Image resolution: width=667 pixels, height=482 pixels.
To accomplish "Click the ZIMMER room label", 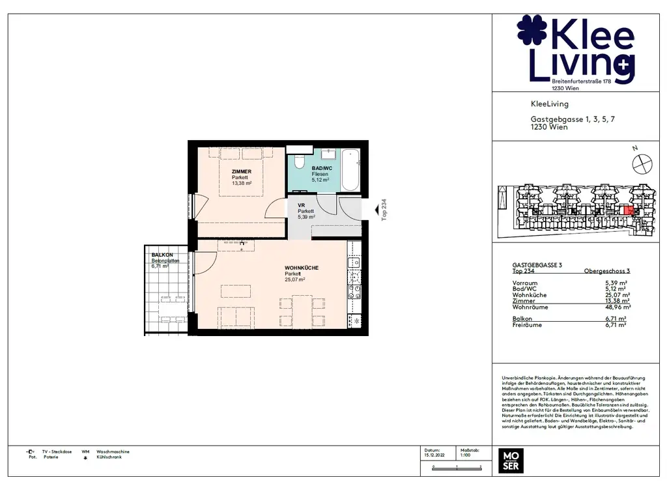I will [x=241, y=172].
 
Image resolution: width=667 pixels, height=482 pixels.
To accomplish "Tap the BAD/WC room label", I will [x=321, y=168].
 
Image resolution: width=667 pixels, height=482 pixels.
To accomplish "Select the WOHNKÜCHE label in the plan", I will [x=302, y=268].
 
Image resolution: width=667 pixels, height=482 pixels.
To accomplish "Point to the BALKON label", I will [x=162, y=255].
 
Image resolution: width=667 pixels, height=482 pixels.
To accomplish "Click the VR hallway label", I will [x=302, y=205].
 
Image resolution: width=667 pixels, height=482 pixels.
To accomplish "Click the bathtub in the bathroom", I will [x=350, y=169].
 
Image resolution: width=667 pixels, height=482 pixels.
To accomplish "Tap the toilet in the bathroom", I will [x=300, y=161].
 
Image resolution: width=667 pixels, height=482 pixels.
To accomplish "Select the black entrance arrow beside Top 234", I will [x=376, y=210].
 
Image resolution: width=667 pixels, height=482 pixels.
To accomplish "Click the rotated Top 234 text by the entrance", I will [x=384, y=210].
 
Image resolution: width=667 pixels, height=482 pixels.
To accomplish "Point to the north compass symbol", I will [x=642, y=162].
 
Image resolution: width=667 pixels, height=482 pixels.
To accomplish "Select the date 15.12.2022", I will [x=435, y=456].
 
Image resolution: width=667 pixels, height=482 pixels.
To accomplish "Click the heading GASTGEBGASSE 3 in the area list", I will [x=537, y=264].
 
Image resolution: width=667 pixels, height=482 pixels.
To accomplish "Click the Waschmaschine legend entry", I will [x=113, y=451].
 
